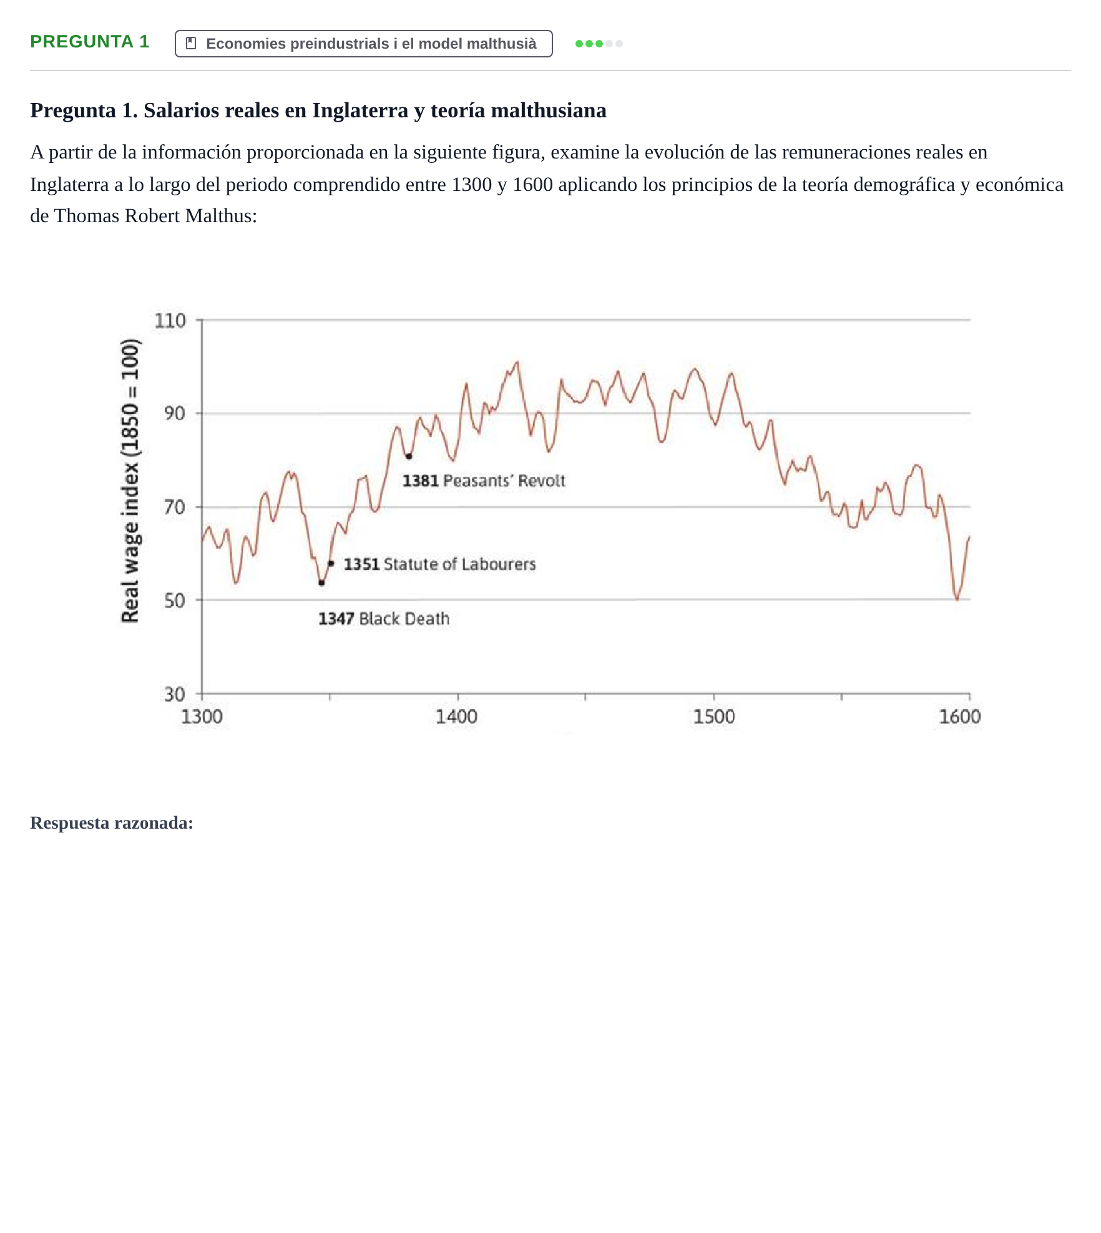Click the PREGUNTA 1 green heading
pos(90,42)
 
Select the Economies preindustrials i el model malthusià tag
pos(363,44)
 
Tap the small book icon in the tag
pos(192,44)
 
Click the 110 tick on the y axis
pos(170,321)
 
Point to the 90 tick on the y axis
pos(174,414)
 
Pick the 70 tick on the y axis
pos(174,507)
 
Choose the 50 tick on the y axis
pos(174,601)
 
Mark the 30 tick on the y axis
pos(174,694)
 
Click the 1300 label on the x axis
pos(202,717)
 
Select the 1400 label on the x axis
pos(456,717)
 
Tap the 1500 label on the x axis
pos(714,717)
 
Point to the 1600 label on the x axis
pos(960,717)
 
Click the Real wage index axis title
pos(130,480)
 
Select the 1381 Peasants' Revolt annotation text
pos(484,481)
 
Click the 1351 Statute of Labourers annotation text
pos(439,565)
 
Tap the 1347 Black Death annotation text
pos(384,619)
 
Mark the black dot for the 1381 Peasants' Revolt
pos(409,457)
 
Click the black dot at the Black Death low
pos(321,583)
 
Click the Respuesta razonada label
pos(112,823)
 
